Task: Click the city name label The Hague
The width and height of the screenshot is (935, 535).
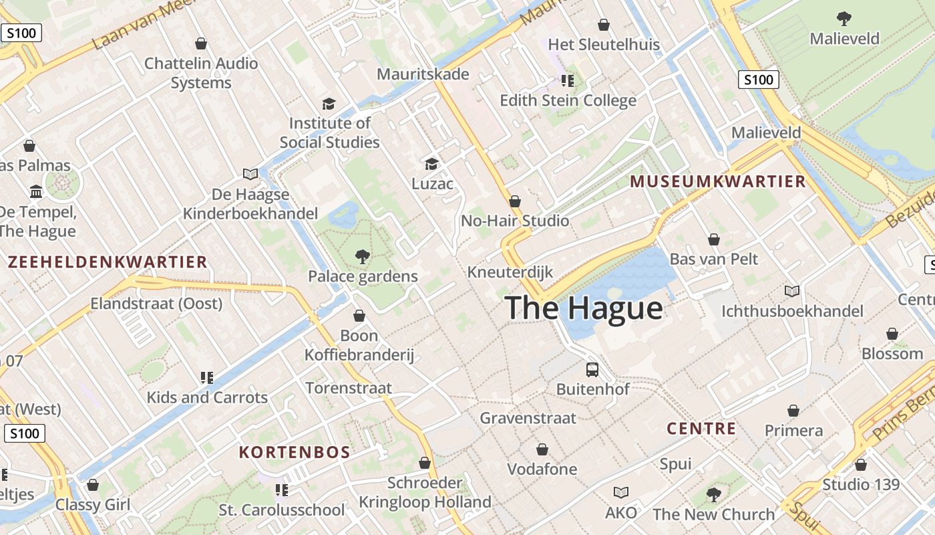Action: pos(584,308)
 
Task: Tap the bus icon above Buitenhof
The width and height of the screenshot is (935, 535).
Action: pos(592,369)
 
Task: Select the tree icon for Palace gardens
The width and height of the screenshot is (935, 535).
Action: pos(363,256)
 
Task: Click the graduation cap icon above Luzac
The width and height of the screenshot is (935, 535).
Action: pos(432,164)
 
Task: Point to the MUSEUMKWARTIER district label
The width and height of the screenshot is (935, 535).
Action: pos(718,182)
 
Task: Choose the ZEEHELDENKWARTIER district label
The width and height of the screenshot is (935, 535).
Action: pos(108,262)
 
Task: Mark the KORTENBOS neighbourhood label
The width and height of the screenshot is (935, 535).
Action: pos(295,453)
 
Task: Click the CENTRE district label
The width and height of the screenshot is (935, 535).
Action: pos(701,429)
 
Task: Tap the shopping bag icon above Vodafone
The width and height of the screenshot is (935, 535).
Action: pos(542,449)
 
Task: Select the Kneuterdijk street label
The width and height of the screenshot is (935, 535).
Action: pos(510,272)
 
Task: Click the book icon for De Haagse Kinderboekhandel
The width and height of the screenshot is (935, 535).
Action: pos(250,175)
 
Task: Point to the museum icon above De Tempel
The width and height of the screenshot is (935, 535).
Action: pos(36,193)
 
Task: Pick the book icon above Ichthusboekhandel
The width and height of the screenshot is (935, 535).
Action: pos(792,292)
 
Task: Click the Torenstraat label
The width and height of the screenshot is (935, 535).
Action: pos(349,388)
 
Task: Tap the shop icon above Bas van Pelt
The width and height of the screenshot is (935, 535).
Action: pos(714,239)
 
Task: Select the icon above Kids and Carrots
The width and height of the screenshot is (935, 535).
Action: pos(207,378)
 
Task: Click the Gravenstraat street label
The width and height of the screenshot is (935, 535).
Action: pos(528,419)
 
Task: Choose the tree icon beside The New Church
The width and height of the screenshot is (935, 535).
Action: pos(714,495)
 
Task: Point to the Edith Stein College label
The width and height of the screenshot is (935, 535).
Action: pos(568,101)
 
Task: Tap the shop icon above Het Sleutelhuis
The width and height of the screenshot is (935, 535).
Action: pos(604,25)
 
